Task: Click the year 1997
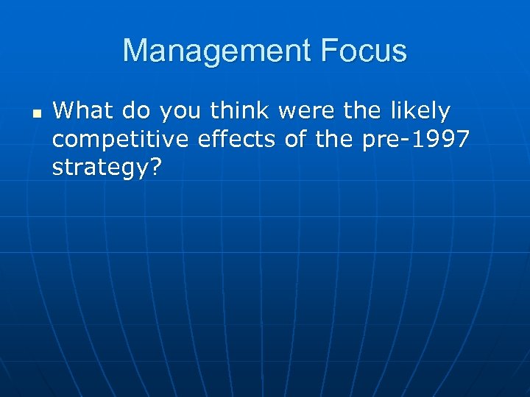point(439,140)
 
